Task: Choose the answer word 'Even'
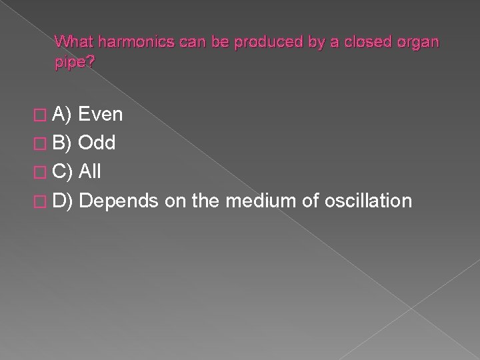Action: point(101,115)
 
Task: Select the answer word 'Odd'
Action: point(97,143)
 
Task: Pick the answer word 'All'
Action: point(90,172)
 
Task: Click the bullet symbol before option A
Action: point(44,115)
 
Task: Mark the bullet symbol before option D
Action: point(44,201)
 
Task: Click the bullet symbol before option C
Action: point(44,173)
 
